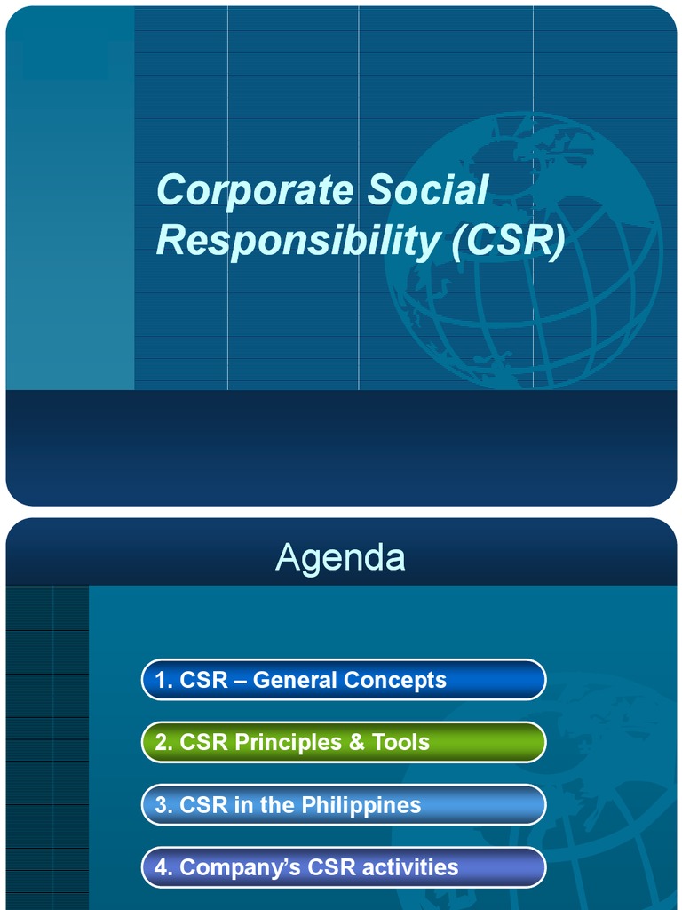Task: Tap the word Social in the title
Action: click(x=428, y=190)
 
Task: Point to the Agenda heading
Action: click(x=340, y=557)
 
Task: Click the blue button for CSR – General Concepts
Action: click(x=344, y=680)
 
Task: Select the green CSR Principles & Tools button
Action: click(x=344, y=742)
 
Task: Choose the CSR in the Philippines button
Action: click(x=344, y=805)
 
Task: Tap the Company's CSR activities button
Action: click(x=344, y=867)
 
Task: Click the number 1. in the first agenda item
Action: click(x=163, y=680)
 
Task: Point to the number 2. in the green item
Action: click(x=163, y=742)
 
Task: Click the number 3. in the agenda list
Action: click(x=163, y=805)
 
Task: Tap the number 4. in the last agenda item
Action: click(x=163, y=867)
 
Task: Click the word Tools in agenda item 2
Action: click(x=400, y=742)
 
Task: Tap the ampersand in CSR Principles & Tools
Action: click(x=356, y=742)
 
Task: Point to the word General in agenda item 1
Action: click(x=294, y=680)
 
